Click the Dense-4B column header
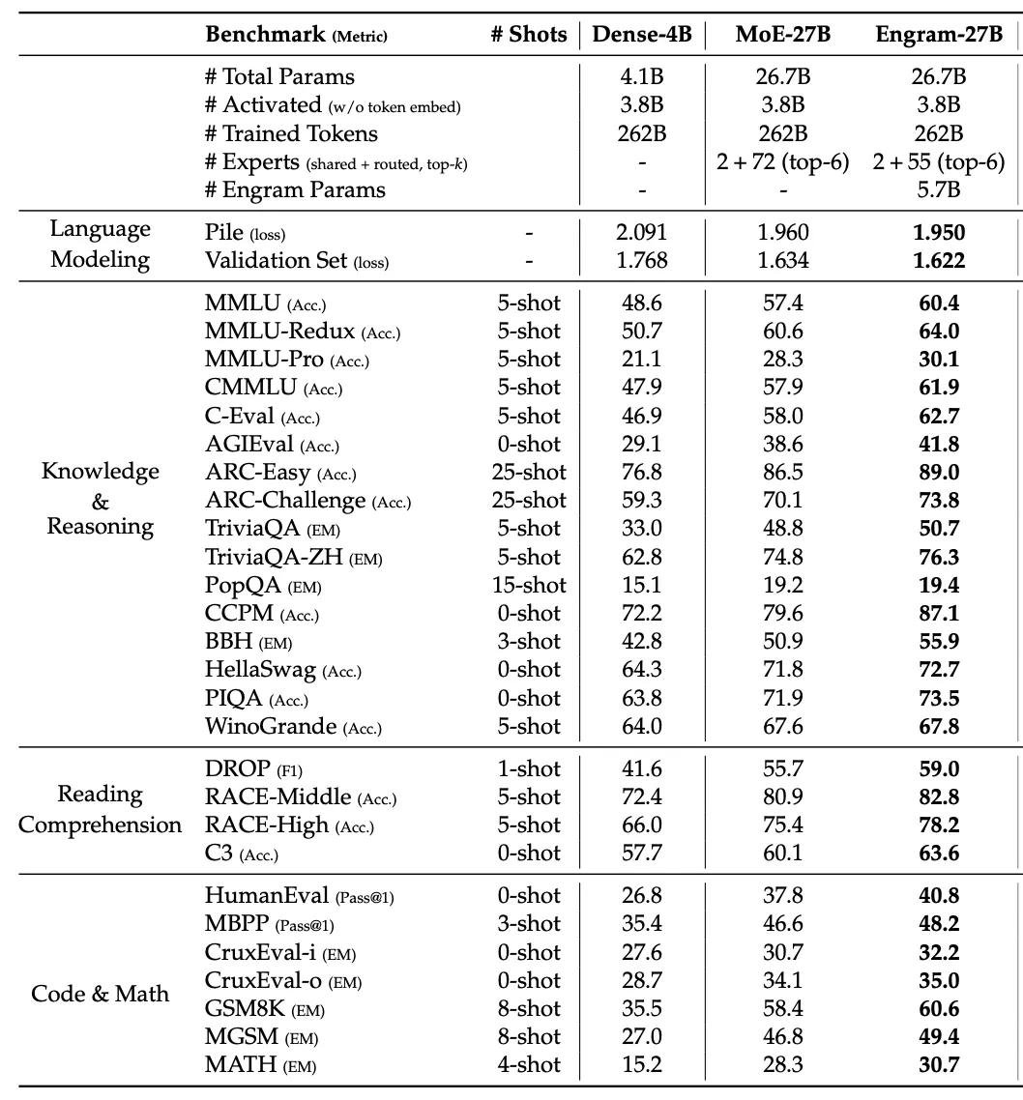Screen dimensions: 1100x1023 click(x=642, y=35)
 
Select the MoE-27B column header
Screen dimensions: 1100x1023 click(x=782, y=35)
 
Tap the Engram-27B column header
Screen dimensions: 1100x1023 click(x=939, y=35)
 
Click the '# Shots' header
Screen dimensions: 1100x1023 click(x=528, y=35)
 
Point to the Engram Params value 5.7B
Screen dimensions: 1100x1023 click(x=939, y=189)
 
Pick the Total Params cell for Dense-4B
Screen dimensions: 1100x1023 click(x=642, y=76)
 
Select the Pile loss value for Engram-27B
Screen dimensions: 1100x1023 click(x=939, y=232)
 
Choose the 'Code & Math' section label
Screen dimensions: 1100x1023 click(x=101, y=994)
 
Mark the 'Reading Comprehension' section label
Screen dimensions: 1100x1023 click(x=101, y=810)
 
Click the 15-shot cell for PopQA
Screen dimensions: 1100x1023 click(x=528, y=585)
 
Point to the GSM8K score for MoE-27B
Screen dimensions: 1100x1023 click(x=782, y=1009)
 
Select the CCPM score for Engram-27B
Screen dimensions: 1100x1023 click(x=939, y=613)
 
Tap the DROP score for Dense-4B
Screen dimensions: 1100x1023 click(x=642, y=768)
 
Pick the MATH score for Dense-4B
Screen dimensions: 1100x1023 click(x=642, y=1065)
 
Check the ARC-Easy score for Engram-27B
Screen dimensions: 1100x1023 click(x=939, y=472)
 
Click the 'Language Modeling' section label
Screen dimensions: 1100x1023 click(x=101, y=244)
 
